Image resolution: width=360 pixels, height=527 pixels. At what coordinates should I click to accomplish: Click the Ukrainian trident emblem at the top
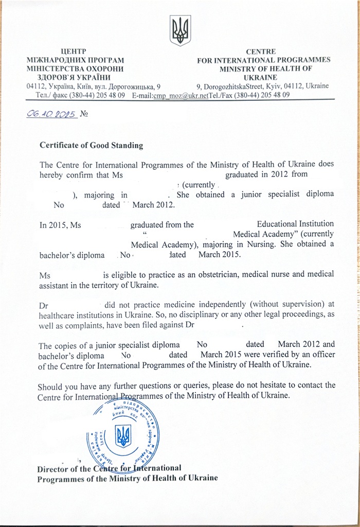click(x=181, y=30)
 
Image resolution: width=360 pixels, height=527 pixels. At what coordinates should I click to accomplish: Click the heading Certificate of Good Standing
click(x=91, y=145)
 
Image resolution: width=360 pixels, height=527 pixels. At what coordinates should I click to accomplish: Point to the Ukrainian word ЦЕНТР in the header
click(x=71, y=51)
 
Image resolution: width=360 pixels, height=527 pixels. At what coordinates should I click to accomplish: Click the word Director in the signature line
click(x=54, y=468)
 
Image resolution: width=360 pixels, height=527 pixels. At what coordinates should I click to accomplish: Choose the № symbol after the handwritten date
click(x=84, y=114)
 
